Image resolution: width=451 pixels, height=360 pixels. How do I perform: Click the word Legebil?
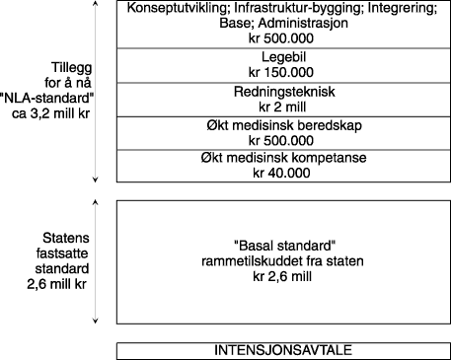point(277,58)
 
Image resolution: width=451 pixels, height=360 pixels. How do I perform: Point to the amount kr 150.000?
point(277,73)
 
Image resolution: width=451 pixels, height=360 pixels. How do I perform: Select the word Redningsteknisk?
point(277,92)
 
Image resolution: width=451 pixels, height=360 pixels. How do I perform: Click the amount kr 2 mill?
point(277,107)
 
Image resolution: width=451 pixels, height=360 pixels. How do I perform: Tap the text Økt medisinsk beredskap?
point(277,125)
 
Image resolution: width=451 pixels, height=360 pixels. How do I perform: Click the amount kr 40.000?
point(277,174)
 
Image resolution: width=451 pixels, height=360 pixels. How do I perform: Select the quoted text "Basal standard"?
point(277,245)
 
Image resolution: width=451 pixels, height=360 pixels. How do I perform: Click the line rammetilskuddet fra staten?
point(277,260)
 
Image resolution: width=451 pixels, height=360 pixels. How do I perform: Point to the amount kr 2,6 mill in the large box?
point(277,276)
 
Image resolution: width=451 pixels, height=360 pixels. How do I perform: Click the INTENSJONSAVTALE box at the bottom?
point(277,351)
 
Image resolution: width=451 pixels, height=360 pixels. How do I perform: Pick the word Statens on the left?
point(46,237)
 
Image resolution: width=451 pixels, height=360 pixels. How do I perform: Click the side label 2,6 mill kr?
point(45,285)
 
